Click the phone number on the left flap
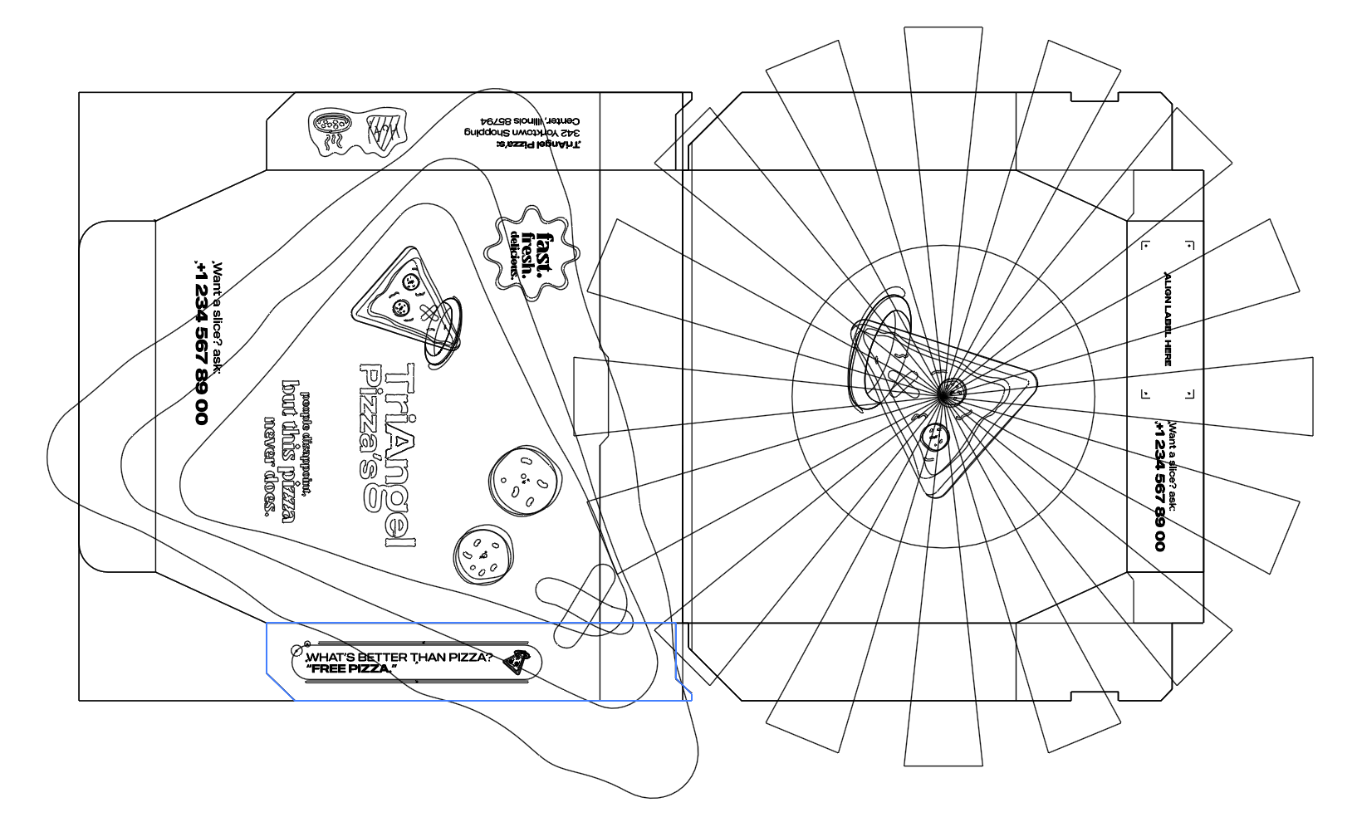pos(200,341)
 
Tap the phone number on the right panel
pos(1159,486)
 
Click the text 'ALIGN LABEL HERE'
pos(1167,319)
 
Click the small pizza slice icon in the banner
pos(517,662)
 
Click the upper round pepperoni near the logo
pos(523,480)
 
